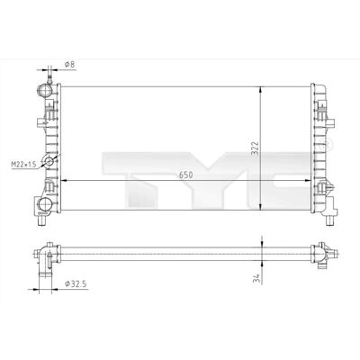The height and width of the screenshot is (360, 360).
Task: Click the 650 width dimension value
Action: coord(186,175)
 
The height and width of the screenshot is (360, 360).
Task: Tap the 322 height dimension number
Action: coord(255,148)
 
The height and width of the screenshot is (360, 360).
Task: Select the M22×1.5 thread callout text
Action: coord(23,165)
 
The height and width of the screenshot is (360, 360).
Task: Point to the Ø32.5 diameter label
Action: coord(76,283)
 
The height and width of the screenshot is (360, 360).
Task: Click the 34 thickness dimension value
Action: coord(256,278)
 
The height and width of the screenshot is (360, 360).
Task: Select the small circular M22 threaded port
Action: coord(49,161)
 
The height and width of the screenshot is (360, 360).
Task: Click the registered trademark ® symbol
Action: coord(326,144)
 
